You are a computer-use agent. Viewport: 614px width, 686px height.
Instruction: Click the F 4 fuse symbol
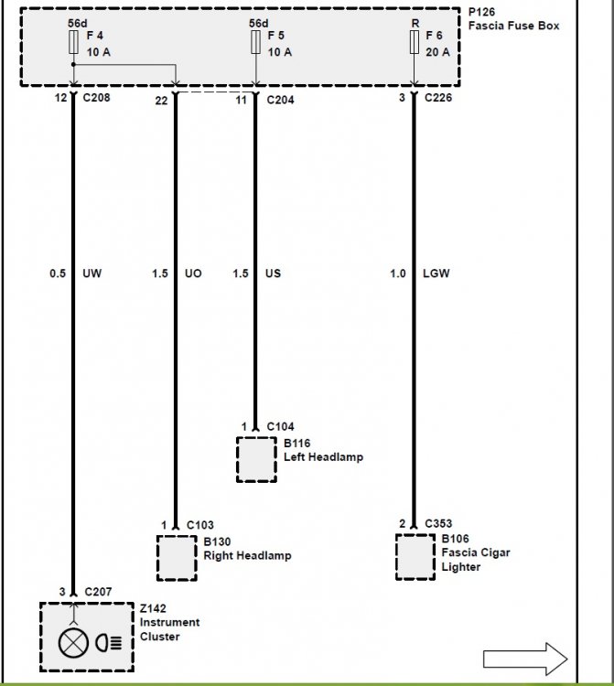73,42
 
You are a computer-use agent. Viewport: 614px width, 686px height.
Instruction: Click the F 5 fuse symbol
256,42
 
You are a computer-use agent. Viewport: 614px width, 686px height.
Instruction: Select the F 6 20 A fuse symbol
414,42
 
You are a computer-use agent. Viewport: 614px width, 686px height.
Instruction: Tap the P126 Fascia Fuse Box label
513,19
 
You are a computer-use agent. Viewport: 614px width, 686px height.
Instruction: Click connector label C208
96,98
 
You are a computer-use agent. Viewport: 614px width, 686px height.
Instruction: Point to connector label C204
281,101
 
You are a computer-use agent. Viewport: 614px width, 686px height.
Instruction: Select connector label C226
438,98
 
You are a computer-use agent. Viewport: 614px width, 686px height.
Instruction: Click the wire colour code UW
92,273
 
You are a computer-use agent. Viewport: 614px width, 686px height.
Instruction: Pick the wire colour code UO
193,273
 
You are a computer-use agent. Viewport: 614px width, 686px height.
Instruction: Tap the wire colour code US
273,273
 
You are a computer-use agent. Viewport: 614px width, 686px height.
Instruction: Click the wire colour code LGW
436,273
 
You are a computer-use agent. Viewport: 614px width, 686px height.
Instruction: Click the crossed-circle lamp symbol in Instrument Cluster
70,643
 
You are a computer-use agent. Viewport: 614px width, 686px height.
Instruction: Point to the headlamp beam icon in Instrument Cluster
109,643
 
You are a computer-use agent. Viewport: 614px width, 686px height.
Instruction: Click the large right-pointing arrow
525,659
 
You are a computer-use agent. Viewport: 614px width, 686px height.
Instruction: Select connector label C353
438,523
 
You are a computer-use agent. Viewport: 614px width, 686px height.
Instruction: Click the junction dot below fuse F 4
73,65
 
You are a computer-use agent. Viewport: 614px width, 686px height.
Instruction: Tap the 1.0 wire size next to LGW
398,273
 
